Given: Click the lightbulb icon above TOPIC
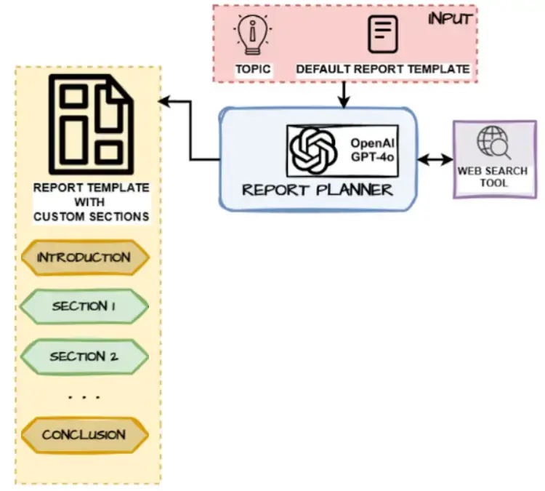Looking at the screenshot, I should (252, 34).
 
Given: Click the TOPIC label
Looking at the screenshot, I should (252, 70).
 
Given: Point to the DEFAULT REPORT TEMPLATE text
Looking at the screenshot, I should (382, 70).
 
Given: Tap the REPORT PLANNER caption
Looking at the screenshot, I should (317, 191).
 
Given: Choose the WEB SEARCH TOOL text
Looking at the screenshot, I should (492, 177).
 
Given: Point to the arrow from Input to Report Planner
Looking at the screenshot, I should (344, 93).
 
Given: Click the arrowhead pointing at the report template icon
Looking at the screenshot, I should (165, 101).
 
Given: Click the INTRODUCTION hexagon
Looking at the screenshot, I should (84, 258).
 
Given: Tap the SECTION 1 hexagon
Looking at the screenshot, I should (84, 307).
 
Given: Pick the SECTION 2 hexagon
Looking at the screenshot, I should (84, 356).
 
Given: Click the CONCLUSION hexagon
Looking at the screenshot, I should (84, 435).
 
